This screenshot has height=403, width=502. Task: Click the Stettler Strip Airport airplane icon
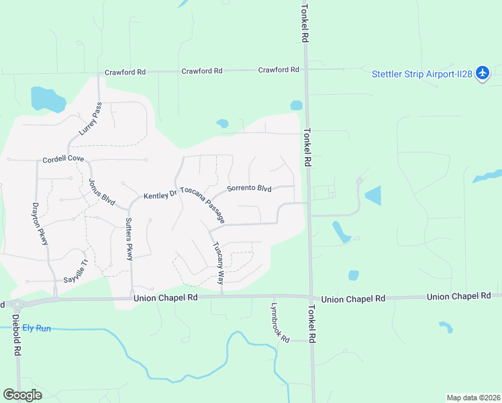click(483, 74)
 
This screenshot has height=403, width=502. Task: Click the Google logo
click(23, 395)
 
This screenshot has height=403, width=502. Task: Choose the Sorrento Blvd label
click(249, 189)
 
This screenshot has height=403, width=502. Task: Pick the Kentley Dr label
click(160, 195)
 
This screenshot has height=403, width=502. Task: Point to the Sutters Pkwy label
click(129, 239)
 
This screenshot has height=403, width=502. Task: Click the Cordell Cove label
click(63, 160)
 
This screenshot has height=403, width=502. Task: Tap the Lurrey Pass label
click(89, 119)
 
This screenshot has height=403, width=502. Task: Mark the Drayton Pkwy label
click(40, 224)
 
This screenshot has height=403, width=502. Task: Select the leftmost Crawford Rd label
click(125, 72)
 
